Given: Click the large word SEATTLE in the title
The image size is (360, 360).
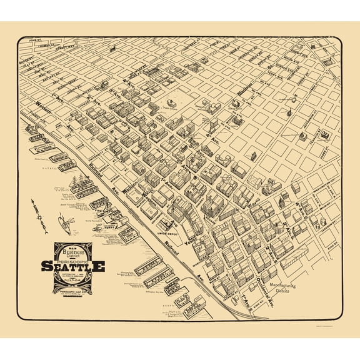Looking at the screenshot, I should pos(81,266).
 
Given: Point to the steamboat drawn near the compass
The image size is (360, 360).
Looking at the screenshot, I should pos(63,222).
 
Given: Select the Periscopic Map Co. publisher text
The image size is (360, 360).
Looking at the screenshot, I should pos(80,291).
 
